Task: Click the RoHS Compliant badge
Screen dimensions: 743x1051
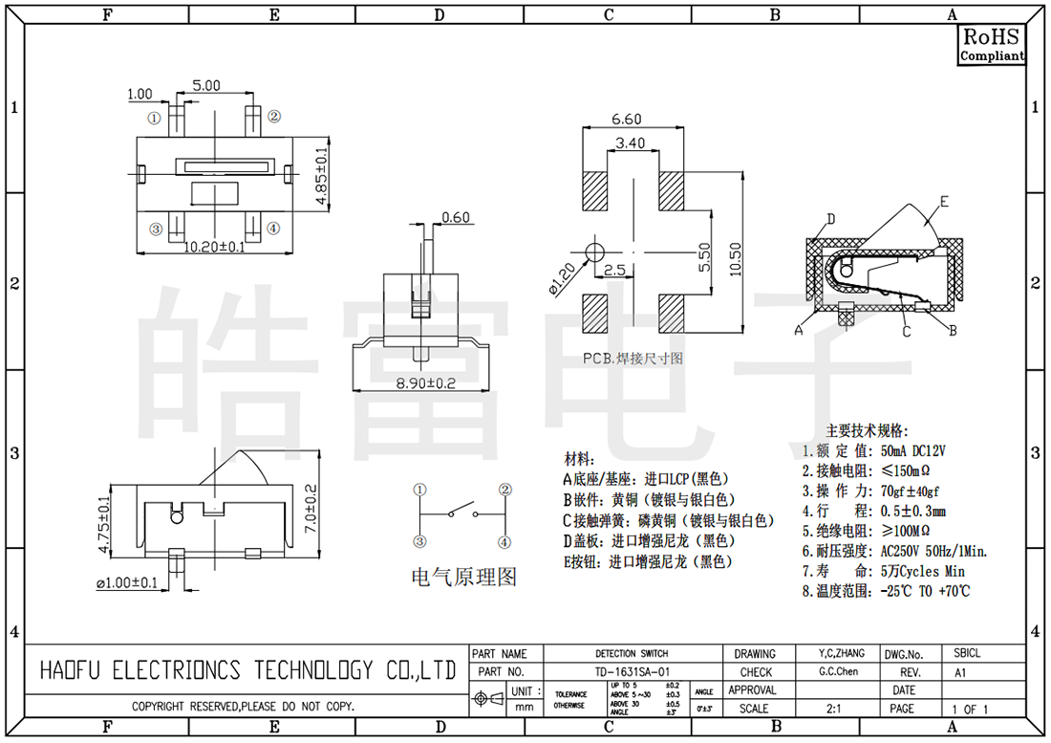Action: tap(992, 45)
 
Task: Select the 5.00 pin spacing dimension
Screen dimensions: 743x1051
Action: tap(206, 85)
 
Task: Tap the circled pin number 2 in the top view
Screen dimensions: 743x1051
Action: tap(274, 117)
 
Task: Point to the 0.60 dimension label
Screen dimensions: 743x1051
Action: tap(456, 217)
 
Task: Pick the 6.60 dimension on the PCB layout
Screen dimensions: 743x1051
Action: tap(626, 120)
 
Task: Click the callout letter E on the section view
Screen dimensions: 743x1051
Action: tap(943, 202)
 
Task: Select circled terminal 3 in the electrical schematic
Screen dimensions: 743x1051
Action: tap(419, 542)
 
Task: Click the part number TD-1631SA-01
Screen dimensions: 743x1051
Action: tap(632, 672)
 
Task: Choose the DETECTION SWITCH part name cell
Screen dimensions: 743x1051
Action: tap(632, 654)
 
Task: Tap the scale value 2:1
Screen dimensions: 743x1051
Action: tap(832, 709)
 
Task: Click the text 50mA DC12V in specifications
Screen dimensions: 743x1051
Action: tap(906, 450)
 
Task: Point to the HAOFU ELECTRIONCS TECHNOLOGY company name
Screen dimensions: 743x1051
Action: tap(247, 670)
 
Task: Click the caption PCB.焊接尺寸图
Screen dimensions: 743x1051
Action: tap(633, 359)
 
